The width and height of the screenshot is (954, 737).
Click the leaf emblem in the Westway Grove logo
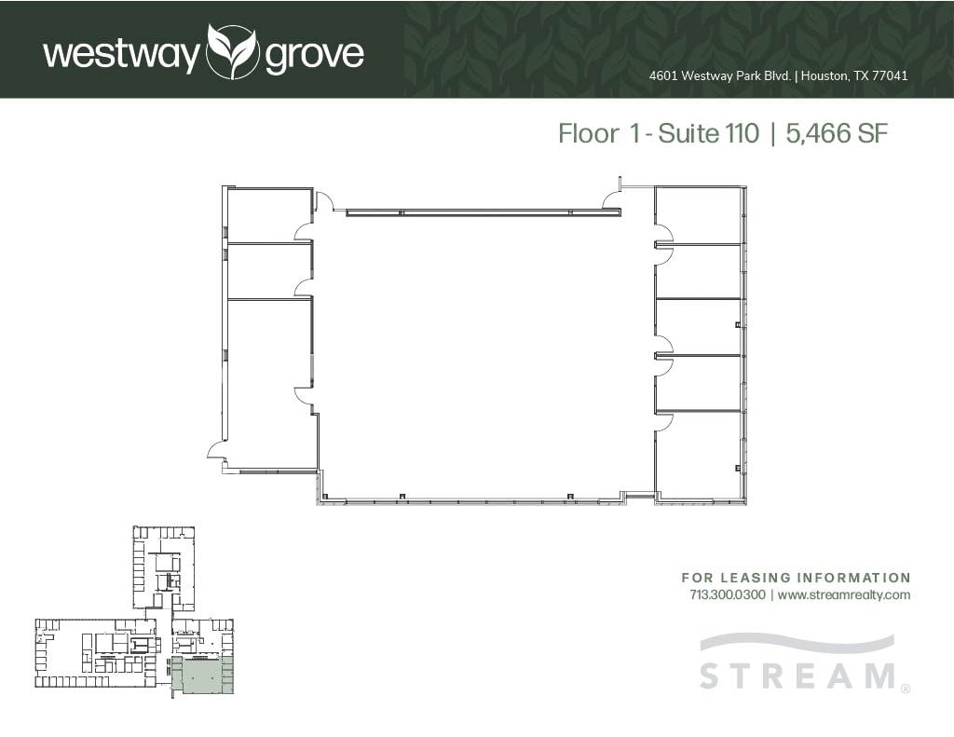point(232,52)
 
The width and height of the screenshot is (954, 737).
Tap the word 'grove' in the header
point(314,55)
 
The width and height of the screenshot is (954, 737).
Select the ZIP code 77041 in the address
point(890,76)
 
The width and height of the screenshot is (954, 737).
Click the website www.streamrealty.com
point(843,594)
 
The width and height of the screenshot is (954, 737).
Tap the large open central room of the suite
point(484,354)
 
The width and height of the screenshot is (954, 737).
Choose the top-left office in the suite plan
point(269,214)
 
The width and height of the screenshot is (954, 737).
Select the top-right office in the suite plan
point(698,214)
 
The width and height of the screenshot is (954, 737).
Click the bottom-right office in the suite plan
point(698,455)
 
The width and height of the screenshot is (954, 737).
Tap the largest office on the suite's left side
point(269,382)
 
